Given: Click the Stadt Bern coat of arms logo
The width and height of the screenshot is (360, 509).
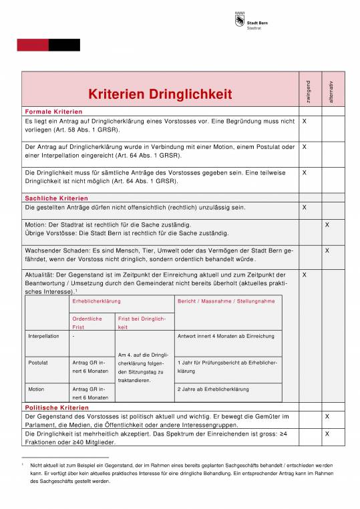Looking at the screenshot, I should (x=240, y=21).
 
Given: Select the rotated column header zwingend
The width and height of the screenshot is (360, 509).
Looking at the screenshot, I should (x=307, y=91).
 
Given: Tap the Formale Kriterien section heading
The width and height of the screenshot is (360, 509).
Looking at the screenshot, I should (x=53, y=111).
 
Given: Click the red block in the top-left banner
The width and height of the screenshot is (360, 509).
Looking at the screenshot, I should (x=33, y=45).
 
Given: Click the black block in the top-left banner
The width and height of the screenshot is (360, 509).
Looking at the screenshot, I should (x=64, y=45).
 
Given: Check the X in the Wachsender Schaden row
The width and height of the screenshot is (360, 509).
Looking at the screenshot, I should (x=327, y=250).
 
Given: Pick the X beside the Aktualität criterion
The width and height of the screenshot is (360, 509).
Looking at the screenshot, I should (x=304, y=275).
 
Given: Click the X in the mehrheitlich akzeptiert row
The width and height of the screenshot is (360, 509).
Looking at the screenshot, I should (x=327, y=434).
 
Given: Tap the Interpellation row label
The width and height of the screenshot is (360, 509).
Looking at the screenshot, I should (x=43, y=336).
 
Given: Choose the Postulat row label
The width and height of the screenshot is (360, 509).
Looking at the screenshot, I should (x=38, y=362).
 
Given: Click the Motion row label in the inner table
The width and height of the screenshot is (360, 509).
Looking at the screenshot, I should (x=36, y=389).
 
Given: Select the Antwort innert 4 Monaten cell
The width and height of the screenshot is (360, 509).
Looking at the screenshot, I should (x=217, y=336).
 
